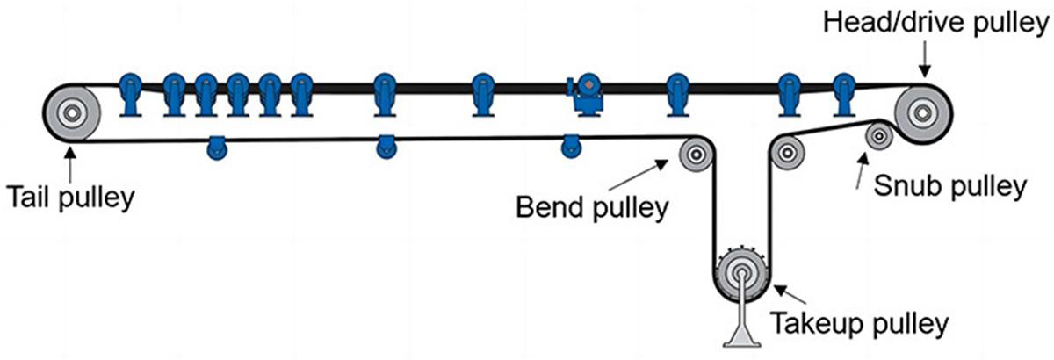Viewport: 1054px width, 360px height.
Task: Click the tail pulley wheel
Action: pos(71,112)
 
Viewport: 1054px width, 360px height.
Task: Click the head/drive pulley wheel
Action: pos(921,112)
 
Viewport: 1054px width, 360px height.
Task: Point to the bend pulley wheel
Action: pos(694,155)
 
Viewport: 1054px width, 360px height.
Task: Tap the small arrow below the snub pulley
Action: pos(860,174)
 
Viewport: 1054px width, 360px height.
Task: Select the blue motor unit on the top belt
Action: pos(584,94)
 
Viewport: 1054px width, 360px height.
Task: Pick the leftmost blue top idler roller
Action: pos(129,94)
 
